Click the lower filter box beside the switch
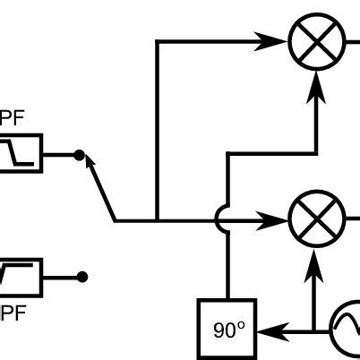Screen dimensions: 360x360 [21, 277]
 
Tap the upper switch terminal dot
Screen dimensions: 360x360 [79, 156]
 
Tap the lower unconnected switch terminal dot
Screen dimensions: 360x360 [81, 277]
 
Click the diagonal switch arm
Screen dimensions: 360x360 [99, 188]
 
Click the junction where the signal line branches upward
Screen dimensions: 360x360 [157, 219]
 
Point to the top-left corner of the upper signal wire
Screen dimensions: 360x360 [157, 41]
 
